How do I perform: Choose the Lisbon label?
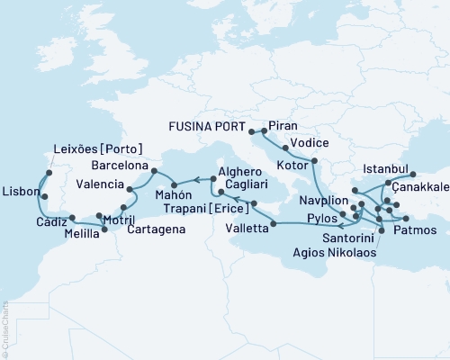20,192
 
